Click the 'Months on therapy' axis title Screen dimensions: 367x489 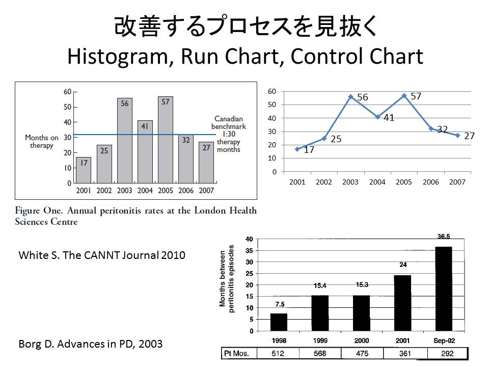pyautogui.click(x=42, y=141)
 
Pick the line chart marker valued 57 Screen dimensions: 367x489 pyautogui.click(x=404, y=95)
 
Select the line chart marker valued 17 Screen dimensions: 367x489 pyautogui.click(x=297, y=149)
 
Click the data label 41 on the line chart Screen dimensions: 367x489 pyautogui.click(x=389, y=118)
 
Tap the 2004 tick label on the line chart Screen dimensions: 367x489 pyautogui.click(x=377, y=182)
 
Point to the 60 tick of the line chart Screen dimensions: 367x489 pyautogui.click(x=272, y=92)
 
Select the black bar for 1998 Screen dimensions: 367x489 pyautogui.click(x=279, y=322)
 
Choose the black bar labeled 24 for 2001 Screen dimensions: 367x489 pyautogui.click(x=402, y=303)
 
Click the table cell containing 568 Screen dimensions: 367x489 pyautogui.click(x=320, y=354)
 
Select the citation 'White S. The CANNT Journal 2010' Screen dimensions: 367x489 pyautogui.click(x=102, y=255)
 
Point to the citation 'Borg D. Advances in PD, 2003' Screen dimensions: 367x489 pyautogui.click(x=90, y=344)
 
